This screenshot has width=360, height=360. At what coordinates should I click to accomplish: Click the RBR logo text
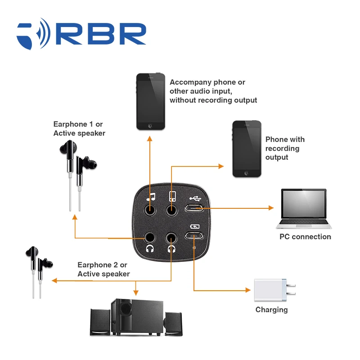pos(101,34)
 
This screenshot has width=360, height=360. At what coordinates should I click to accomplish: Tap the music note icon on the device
pos(151,197)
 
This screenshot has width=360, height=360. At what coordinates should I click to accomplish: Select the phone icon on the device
pos(172,196)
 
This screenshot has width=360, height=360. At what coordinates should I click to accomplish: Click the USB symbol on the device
pos(195,198)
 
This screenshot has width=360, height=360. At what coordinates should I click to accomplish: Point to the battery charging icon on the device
pos(195,227)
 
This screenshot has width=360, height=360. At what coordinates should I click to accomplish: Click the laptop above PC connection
pos(304,209)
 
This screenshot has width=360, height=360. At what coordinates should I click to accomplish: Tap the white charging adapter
pos(275,290)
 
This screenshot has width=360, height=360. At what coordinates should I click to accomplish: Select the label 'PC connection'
pos(305,237)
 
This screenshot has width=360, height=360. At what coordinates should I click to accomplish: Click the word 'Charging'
pos(271,310)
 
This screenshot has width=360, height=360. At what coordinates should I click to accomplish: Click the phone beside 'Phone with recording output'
pos(247,149)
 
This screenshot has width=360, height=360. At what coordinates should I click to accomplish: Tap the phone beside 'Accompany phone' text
pos(151,102)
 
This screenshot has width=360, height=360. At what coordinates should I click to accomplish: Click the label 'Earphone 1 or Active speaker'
pos(79,129)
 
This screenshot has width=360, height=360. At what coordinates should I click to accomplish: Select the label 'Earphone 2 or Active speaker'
pos(103,269)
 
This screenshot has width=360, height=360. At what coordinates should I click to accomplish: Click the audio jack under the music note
pos(150,210)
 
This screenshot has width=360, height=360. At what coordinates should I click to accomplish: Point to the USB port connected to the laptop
pos(194,208)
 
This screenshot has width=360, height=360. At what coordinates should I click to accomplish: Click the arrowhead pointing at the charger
pos(248,290)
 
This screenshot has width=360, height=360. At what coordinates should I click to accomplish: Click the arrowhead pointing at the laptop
pos(271,208)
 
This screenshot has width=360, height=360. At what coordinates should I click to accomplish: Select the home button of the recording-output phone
pos(247,173)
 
